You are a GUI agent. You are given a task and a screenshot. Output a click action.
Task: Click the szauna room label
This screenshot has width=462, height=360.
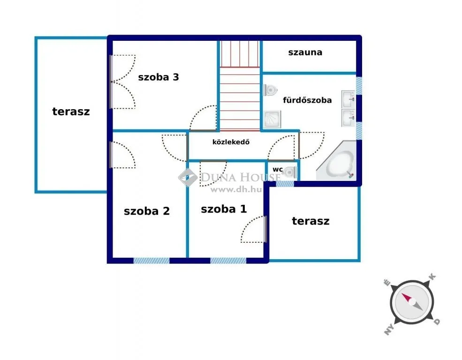tap(305, 52)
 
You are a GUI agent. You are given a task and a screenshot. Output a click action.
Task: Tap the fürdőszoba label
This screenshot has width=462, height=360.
tap(307, 100)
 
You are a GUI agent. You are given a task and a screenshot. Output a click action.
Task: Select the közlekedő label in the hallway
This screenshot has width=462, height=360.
tap(231, 142)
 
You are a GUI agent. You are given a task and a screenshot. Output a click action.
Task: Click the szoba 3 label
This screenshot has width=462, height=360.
tap(159, 77)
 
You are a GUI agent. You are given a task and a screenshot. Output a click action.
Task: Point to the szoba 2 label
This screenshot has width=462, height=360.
tap(147, 211)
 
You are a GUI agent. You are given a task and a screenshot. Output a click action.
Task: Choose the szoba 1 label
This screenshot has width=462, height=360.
tap(224, 209)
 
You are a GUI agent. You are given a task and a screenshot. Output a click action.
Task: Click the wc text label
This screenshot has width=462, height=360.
tap(278, 170)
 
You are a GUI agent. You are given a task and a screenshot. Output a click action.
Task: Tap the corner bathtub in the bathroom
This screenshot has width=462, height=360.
tap(336, 161)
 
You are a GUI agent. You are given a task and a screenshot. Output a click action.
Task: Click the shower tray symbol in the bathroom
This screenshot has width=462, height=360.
tap(272, 120)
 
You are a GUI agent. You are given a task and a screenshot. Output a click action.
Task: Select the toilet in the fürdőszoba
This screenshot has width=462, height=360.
tap(270, 90)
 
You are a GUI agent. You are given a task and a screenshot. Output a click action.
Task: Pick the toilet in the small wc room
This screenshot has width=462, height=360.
tap(290, 172)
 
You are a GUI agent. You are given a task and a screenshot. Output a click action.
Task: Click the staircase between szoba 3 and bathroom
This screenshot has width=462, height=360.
tap(240, 86)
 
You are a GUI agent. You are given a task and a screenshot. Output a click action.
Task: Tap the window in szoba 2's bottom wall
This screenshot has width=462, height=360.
tap(151, 261)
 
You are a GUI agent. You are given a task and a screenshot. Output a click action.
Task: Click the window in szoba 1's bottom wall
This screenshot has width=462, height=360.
tap(228, 261)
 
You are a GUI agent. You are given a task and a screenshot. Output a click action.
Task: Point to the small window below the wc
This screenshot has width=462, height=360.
tap(285, 184)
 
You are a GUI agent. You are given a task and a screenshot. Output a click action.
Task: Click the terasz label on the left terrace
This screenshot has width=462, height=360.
tap(71, 112)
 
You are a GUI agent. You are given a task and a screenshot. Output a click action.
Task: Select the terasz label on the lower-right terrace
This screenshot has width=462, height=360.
tap(311, 221)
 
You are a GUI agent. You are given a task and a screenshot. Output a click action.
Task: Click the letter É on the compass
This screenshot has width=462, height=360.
tap(387, 283)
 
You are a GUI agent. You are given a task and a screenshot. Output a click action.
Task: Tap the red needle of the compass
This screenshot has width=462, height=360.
tap(407, 298)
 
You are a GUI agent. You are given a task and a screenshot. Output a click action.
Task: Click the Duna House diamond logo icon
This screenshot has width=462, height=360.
tap(188, 178)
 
